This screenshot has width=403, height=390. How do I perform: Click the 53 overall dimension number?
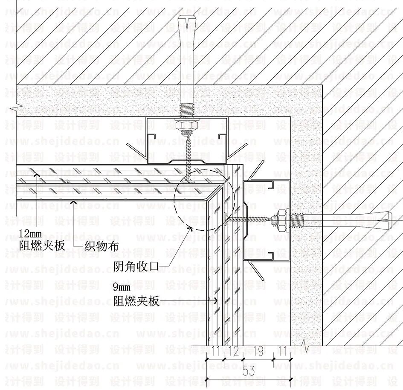pos(248,371)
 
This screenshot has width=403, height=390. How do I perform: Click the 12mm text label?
pos(31,233)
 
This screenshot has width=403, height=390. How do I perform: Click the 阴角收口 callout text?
pos(136,267)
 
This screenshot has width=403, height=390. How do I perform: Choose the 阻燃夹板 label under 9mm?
pos(136,301)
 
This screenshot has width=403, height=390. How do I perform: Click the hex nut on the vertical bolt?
pos(187,126)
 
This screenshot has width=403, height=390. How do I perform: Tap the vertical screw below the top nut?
pos(187,154)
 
